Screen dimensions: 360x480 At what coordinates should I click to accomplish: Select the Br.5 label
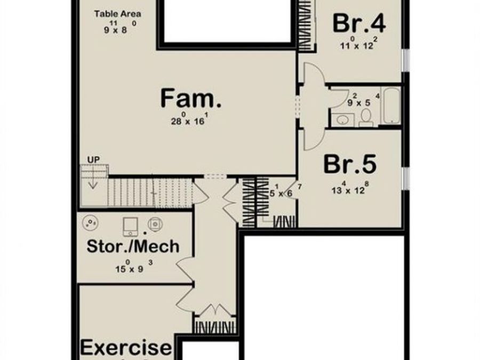coord(349,165)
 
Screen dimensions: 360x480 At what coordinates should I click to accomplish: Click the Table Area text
coord(118,13)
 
